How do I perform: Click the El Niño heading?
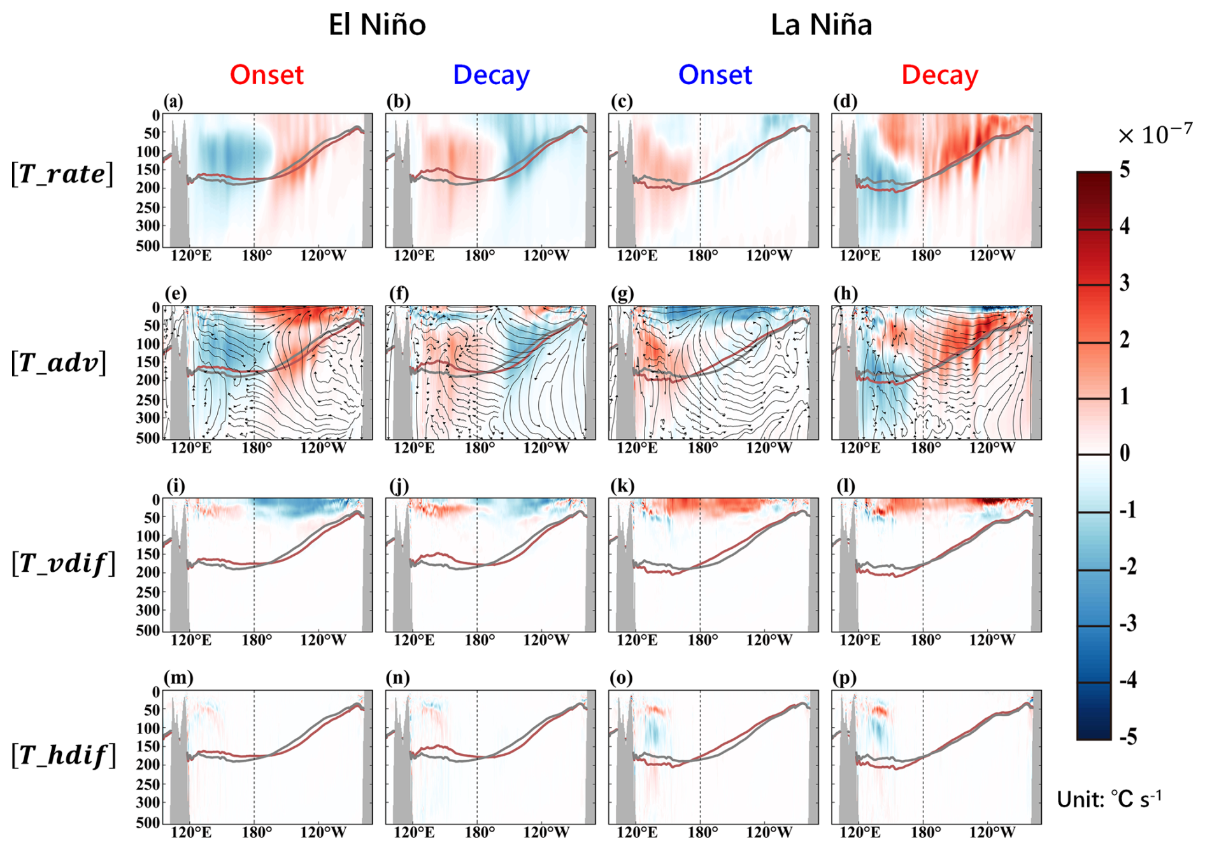pyautogui.click(x=377, y=25)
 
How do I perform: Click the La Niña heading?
pyautogui.click(x=821, y=25)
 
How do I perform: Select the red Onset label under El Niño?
pyautogui.click(x=267, y=75)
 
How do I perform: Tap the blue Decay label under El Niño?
pyautogui.click(x=491, y=75)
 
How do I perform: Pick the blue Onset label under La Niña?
pyautogui.click(x=715, y=75)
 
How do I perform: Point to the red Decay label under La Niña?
pyautogui.click(x=939, y=75)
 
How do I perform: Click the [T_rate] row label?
pyautogui.click(x=62, y=174)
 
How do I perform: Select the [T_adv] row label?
pyautogui.click(x=59, y=363)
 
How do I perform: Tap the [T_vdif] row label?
pyautogui.click(x=64, y=563)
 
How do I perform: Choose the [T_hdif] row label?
pyautogui.click(x=64, y=756)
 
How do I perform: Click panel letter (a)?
pyautogui.click(x=173, y=101)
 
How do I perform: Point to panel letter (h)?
pyautogui.click(x=846, y=294)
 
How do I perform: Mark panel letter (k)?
pyautogui.click(x=622, y=486)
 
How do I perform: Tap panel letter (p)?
pyautogui.click(x=845, y=678)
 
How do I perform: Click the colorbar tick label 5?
pyautogui.click(x=1125, y=170)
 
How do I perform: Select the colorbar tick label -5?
pyautogui.click(x=1128, y=737)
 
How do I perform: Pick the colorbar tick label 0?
pyautogui.click(x=1125, y=453)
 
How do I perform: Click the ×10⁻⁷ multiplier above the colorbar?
pyautogui.click(x=1155, y=135)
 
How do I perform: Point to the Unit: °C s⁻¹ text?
pyautogui.click(x=1109, y=799)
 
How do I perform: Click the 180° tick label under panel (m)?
pyautogui.click(x=257, y=833)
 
